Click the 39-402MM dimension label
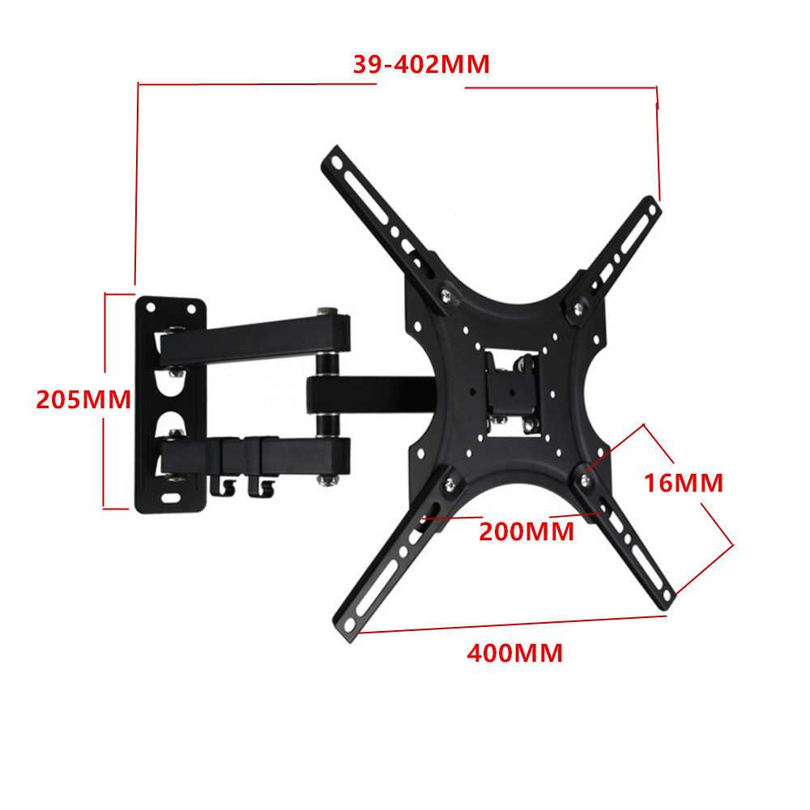point(421,64)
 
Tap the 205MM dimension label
point(83,399)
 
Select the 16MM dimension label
point(683,483)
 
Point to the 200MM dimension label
point(526,532)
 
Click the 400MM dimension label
point(514,652)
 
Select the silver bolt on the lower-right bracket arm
point(585,478)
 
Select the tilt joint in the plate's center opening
point(512,387)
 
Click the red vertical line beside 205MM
point(105,401)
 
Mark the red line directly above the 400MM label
point(514,623)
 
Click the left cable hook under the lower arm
point(219,486)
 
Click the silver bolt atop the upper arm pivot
point(326,309)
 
